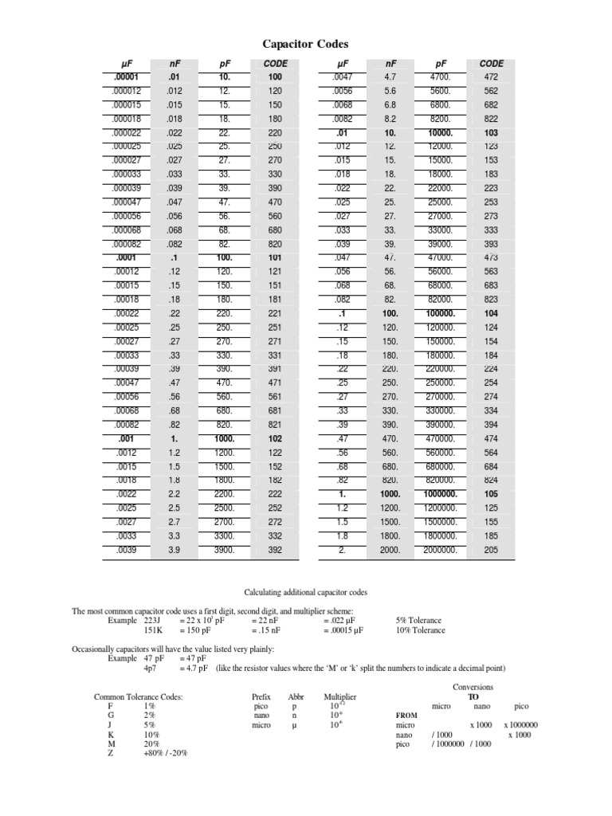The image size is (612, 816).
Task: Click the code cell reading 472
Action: (x=492, y=77)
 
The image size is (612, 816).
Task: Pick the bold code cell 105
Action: (x=492, y=493)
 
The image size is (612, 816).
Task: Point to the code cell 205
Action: (x=492, y=549)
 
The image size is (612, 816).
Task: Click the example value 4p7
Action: (x=149, y=668)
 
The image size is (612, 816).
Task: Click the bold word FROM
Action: (x=406, y=715)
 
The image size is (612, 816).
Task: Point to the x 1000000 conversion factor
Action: (x=520, y=725)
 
